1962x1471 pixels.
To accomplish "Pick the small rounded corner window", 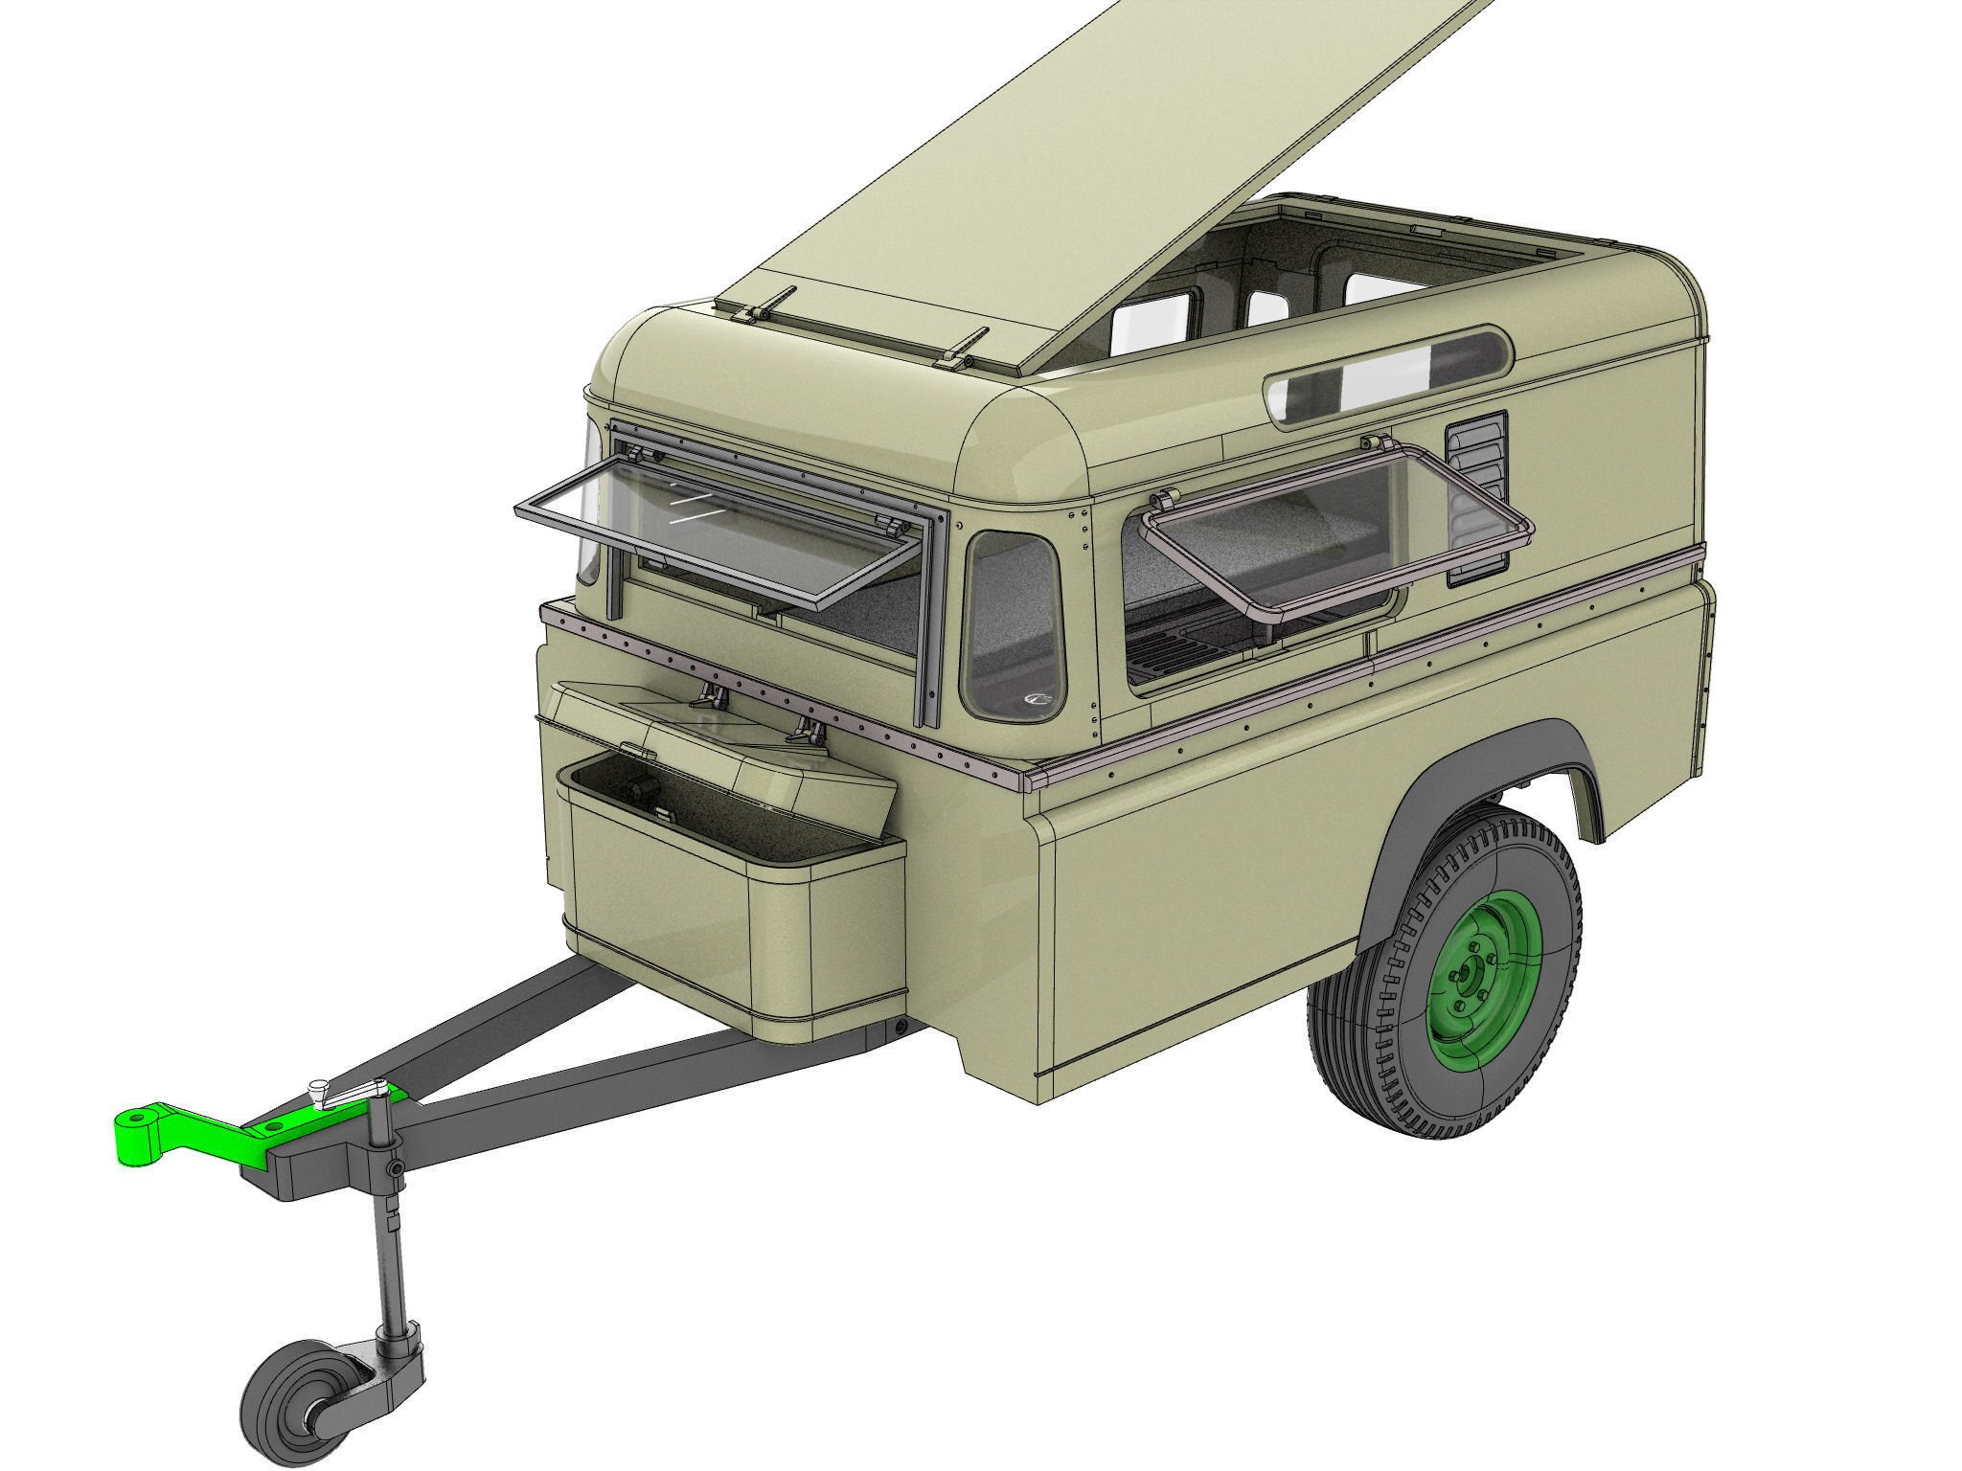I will (x=1014, y=626).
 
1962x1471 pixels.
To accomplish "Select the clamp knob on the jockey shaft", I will (x=395, y=1170).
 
